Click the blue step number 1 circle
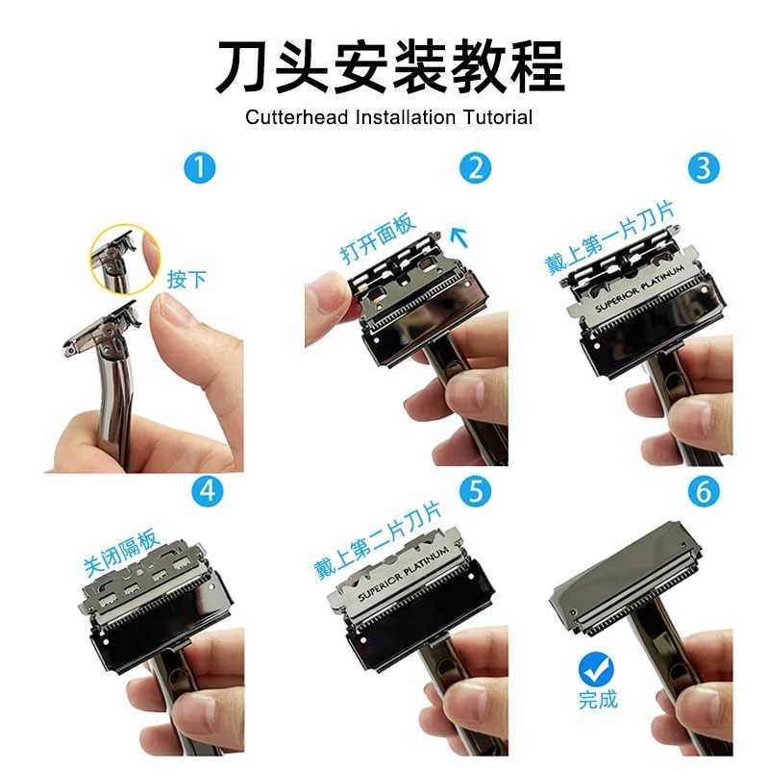pos(199,169)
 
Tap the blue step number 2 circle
pos(475,169)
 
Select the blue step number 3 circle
pos(705,169)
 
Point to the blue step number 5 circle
pos(475,491)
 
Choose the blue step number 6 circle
pos(705,491)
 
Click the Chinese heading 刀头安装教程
pos(388,64)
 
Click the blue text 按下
pos(186,280)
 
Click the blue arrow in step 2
pos(459,234)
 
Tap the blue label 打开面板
pos(378,239)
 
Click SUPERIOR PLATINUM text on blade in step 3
pos(639,288)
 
